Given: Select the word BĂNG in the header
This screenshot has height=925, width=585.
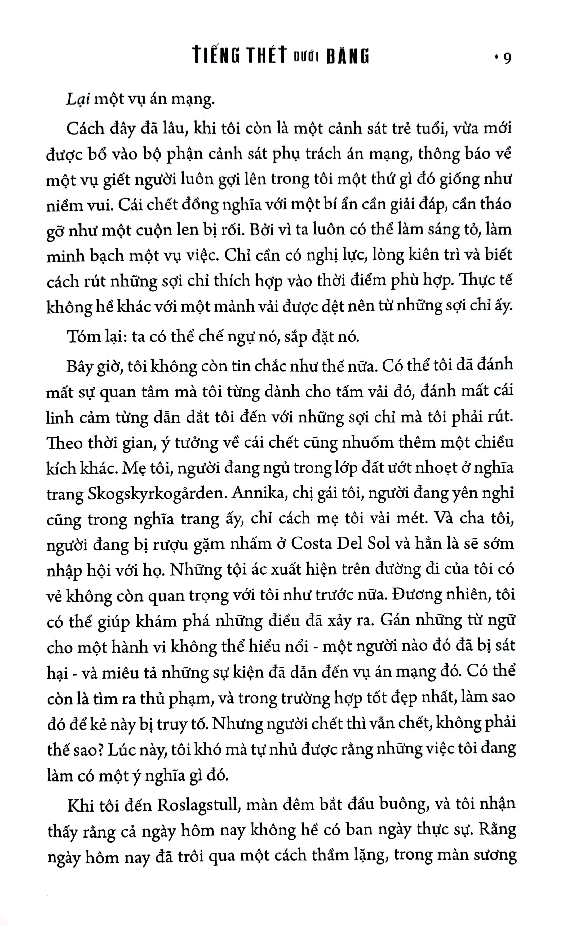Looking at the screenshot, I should tap(348, 56).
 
